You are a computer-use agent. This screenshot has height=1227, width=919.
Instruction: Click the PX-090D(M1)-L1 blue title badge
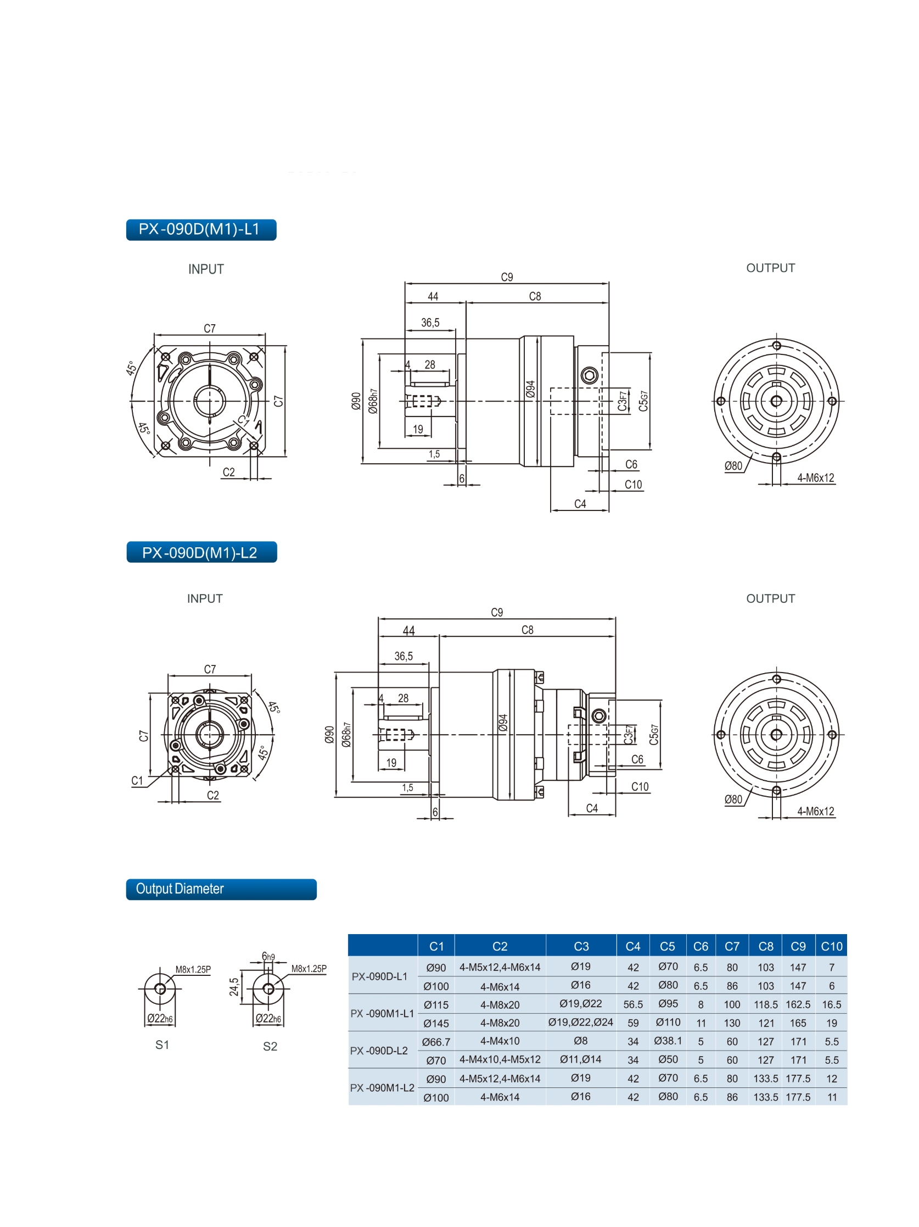point(200,230)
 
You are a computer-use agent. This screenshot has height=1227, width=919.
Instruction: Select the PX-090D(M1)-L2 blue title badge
point(201,552)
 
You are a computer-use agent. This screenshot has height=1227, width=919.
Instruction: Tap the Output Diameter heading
point(221,889)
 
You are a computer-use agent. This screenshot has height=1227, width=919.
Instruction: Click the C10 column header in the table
point(831,946)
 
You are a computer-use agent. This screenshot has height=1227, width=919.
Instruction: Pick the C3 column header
point(580,946)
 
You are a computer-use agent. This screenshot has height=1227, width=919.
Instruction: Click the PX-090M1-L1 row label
point(382,1013)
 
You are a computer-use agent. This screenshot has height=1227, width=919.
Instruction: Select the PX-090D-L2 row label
point(379,1051)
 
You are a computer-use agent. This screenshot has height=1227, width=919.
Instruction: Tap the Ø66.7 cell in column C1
point(436,1042)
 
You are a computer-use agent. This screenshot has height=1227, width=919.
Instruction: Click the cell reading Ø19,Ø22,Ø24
point(580,1022)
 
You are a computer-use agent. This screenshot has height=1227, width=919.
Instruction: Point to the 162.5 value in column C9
point(798,1004)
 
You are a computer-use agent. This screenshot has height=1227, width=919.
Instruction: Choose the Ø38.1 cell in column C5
point(668,1041)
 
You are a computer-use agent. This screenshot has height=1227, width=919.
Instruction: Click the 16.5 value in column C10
point(831,1004)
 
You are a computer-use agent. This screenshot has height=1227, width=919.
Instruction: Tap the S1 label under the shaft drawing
point(162,1045)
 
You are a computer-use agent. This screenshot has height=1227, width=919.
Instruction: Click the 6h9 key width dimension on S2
point(268,956)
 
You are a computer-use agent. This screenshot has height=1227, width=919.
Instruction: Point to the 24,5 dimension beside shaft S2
point(234,987)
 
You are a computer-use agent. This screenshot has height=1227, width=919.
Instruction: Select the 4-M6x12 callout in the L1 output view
point(815,478)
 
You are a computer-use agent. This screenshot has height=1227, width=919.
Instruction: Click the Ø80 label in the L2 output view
point(733,800)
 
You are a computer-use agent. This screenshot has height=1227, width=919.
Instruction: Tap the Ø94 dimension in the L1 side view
point(530,389)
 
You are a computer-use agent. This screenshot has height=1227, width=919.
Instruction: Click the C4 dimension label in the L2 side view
point(591,808)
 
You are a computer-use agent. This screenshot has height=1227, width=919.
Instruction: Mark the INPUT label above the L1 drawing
point(206,269)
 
